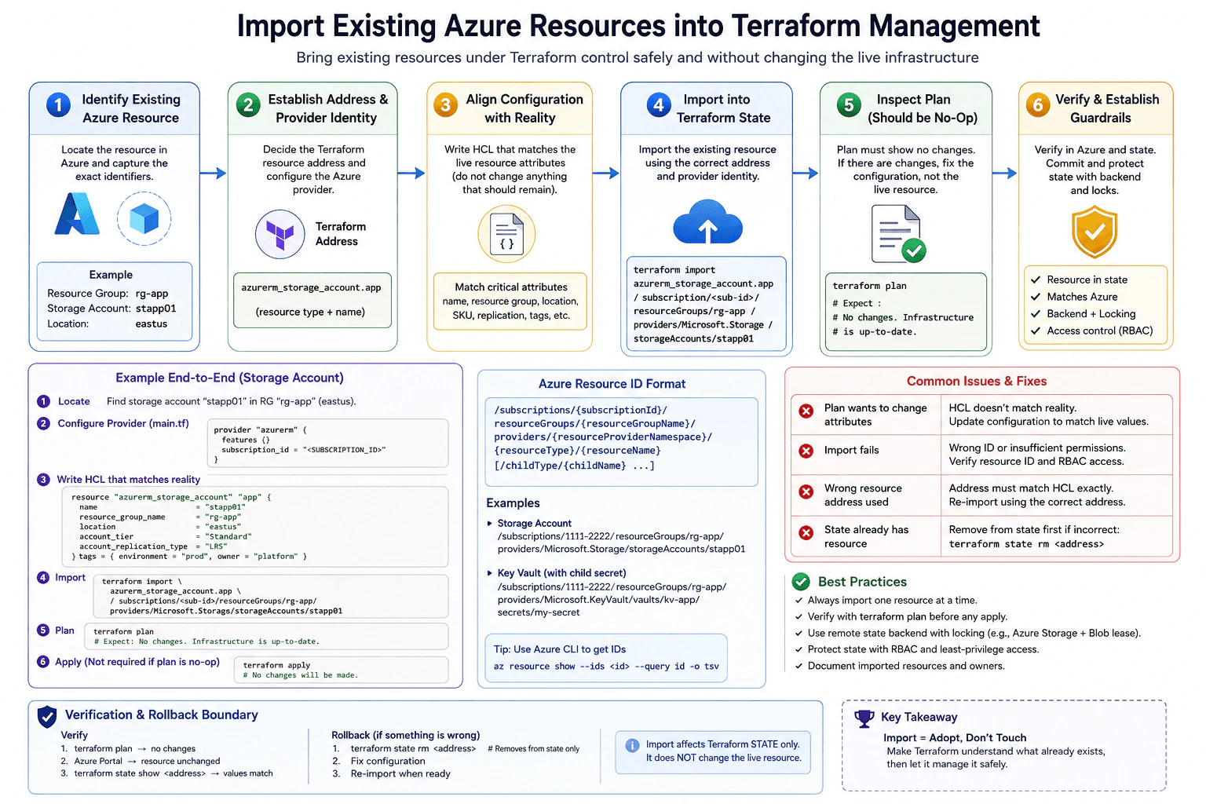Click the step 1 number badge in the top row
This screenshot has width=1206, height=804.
58,104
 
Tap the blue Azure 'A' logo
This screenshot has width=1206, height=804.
77,214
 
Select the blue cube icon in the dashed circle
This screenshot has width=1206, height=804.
144,218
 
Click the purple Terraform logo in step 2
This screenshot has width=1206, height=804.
280,235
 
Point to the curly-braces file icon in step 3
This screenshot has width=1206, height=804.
506,234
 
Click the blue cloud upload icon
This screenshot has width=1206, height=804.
707,222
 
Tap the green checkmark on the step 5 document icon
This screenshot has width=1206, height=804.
914,250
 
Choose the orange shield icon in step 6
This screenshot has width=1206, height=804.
1094,231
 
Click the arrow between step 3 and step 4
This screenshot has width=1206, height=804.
605,173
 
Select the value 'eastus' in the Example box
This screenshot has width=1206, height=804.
152,323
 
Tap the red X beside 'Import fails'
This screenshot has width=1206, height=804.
806,451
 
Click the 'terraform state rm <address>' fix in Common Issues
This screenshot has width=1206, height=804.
1026,544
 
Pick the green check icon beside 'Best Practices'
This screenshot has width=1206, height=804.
801,582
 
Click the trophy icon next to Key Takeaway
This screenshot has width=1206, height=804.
864,718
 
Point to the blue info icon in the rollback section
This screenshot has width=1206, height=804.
632,745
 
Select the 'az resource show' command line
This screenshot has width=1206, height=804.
606,666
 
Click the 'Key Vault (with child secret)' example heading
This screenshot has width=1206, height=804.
561,573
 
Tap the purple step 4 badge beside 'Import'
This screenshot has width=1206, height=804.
43,578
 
